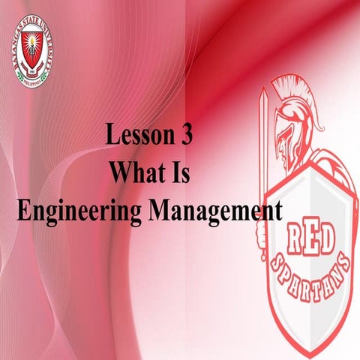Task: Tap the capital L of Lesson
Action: (x=112, y=136)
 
